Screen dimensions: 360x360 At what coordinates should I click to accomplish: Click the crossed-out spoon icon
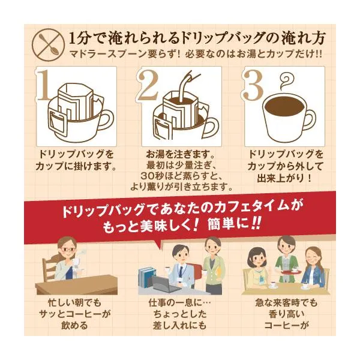[48, 45]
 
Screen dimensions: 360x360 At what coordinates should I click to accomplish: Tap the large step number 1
[44, 85]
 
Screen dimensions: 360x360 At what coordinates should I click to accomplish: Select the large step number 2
[149, 85]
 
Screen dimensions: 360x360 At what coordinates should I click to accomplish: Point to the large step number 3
[253, 85]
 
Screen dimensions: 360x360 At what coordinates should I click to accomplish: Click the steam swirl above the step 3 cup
[286, 82]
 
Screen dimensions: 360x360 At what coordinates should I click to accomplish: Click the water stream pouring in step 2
[185, 86]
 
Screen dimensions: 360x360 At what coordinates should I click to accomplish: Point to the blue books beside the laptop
[146, 277]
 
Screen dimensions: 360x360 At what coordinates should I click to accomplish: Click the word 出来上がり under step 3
[282, 178]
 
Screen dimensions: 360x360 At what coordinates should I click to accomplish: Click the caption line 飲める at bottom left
[74, 326]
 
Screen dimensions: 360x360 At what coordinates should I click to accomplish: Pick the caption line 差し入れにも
[179, 326]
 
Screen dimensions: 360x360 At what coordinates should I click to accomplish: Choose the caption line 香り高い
[286, 314]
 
